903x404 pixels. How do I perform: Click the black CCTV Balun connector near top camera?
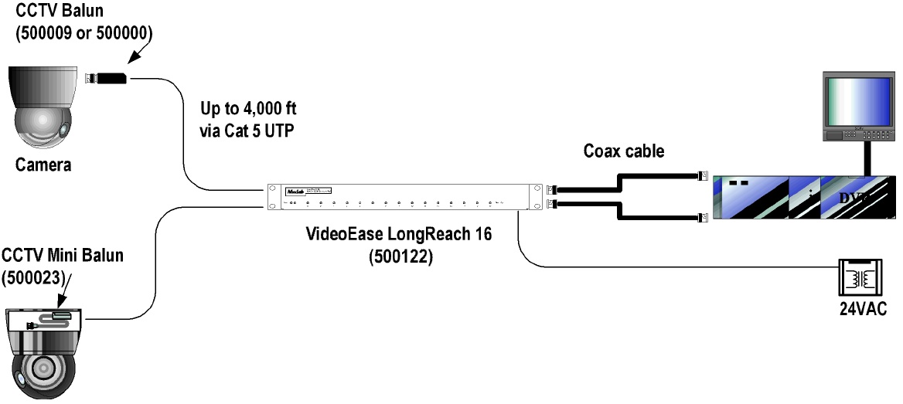point(112,77)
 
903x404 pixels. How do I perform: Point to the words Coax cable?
point(624,151)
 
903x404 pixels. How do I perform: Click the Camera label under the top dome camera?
point(46,164)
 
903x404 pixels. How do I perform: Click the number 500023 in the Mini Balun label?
point(32,277)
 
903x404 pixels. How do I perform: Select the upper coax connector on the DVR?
point(704,175)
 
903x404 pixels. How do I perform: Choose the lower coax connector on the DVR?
point(704,218)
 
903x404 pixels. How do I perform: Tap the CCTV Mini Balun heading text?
point(62,256)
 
